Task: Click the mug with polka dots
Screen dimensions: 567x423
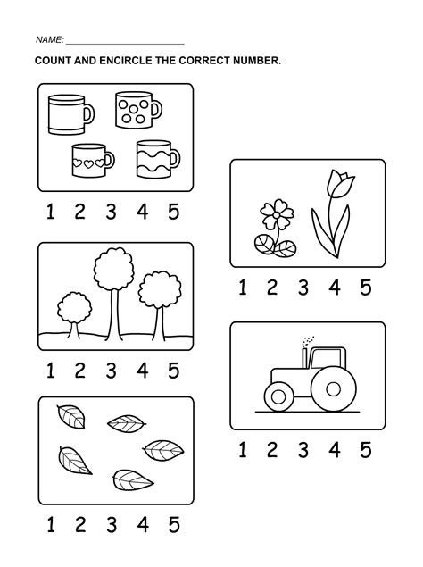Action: tap(135, 111)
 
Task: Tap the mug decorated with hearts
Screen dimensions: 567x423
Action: tap(90, 161)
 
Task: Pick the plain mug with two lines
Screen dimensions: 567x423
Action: tap(66, 114)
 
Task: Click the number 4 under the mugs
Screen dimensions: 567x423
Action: tap(143, 212)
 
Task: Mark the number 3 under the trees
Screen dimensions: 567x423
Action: tap(112, 370)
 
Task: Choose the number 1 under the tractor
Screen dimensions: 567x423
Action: tap(242, 449)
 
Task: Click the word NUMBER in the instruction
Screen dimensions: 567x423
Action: tap(255, 61)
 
